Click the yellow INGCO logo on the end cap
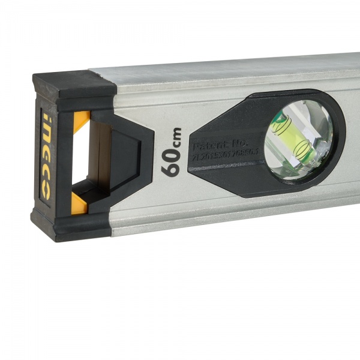tap(45, 156)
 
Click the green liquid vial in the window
tap(294, 142)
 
